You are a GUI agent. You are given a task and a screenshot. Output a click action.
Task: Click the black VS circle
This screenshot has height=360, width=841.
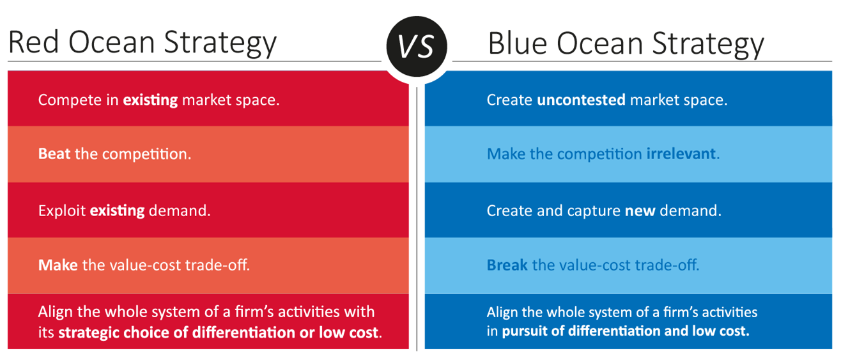pos(417,47)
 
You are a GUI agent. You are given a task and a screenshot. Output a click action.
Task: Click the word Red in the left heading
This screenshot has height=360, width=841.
pos(34,42)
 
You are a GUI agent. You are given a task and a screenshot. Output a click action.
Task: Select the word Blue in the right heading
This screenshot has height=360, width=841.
pos(518,43)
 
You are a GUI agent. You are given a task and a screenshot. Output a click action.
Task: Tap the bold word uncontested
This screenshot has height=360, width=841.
pos(581,100)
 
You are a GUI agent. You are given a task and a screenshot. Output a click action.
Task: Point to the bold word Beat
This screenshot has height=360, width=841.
pos(54,153)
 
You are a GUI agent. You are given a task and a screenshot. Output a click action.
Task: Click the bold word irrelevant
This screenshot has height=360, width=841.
pos(681,153)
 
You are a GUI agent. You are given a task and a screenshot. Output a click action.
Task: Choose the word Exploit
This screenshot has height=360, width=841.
pos(62,211)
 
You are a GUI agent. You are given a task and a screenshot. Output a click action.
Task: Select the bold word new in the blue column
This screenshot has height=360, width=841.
pos(640,211)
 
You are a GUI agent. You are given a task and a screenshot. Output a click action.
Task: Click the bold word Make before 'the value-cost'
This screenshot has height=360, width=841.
pos(58,265)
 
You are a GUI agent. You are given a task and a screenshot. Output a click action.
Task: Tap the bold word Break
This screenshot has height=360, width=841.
pos(507,265)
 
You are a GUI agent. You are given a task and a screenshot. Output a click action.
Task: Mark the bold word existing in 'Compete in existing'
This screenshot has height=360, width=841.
pos(151,100)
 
